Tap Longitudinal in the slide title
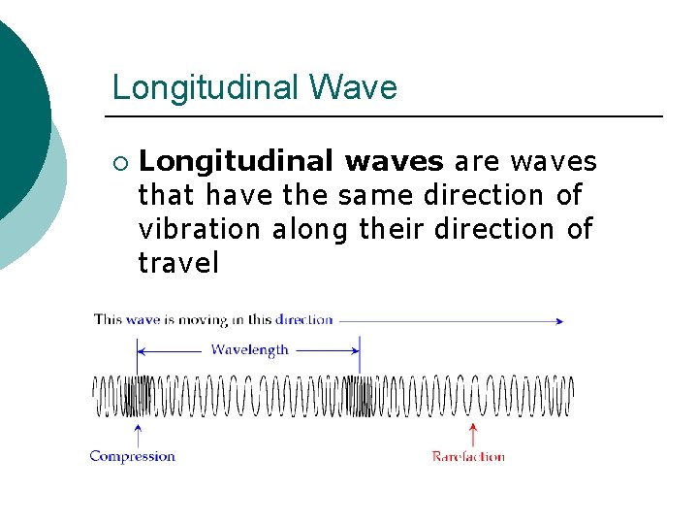coord(206,87)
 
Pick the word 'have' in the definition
coord(239,195)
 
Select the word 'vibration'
coord(200,229)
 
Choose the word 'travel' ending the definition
coord(179,263)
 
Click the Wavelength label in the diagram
coord(249,349)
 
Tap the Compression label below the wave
coord(133,456)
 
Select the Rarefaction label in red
coord(468,456)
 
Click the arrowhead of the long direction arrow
coord(559,320)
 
